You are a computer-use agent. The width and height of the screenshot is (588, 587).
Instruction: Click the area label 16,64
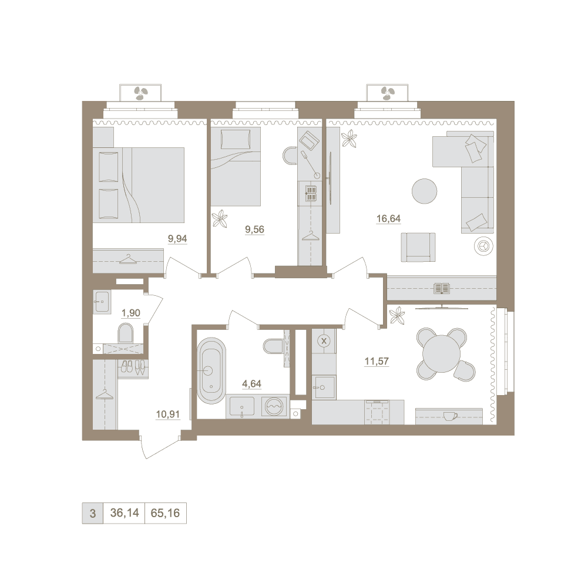(x=388, y=218)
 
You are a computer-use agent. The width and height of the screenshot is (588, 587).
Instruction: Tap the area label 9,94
(x=177, y=239)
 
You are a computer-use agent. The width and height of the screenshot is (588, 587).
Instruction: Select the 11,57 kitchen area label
(x=377, y=362)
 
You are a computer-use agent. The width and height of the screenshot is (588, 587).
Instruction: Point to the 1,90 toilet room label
(x=131, y=313)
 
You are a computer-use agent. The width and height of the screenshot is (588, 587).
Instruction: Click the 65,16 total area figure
(x=165, y=513)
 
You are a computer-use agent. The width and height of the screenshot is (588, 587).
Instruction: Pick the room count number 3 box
(x=93, y=513)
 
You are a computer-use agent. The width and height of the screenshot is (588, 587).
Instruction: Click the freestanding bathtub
(x=211, y=370)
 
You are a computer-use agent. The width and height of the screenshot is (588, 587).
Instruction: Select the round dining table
(x=441, y=353)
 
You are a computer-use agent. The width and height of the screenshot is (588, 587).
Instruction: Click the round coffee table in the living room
(x=424, y=191)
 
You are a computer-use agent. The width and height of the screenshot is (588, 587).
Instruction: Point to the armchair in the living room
(x=418, y=247)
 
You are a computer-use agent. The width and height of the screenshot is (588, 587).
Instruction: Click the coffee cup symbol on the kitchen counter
(x=449, y=416)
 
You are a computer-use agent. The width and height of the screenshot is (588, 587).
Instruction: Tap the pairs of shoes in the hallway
(x=133, y=367)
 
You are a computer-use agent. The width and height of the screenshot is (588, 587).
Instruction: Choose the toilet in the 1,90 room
(x=126, y=333)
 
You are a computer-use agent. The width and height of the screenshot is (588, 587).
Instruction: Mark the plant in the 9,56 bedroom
(x=219, y=218)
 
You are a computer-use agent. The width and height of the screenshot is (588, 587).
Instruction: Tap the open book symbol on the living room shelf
(x=441, y=288)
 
